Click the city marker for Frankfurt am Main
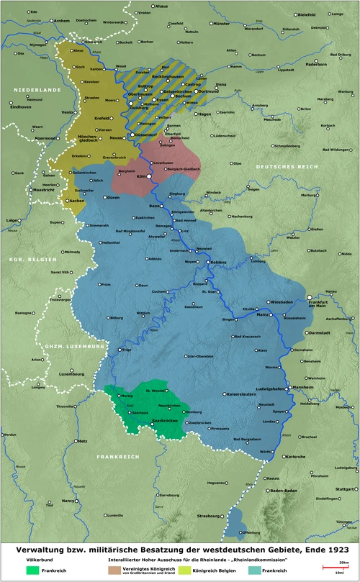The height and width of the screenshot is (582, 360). click(310, 297)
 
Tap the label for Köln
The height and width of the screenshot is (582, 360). click(141, 176)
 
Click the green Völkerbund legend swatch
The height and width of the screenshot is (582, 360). click(33, 570)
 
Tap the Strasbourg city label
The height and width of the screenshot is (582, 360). click(209, 516)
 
